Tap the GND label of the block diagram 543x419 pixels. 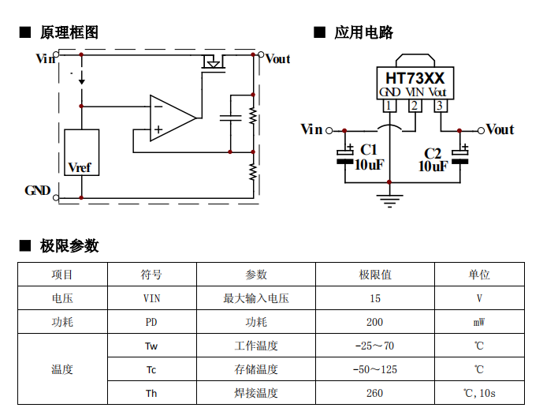(38, 191)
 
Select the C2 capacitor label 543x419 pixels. (433, 153)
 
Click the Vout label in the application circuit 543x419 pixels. (500, 129)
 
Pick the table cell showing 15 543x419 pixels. (375, 298)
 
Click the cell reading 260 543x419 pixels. (375, 393)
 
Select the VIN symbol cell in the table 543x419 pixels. (151, 298)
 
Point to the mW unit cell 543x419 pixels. (478, 322)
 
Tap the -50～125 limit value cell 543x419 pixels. (375, 369)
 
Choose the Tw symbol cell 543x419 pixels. (151, 346)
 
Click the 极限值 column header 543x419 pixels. (375, 275)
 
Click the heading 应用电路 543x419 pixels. (363, 32)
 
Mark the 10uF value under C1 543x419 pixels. (369, 165)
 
